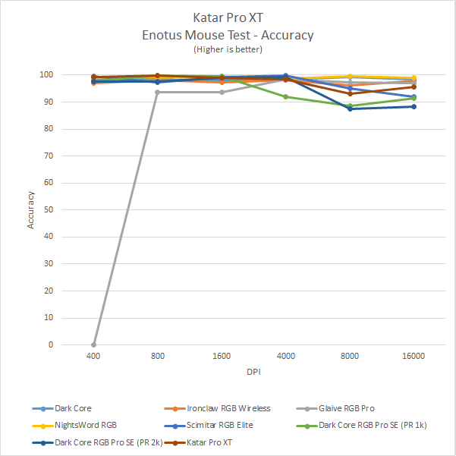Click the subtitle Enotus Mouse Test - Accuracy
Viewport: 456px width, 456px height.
pos(228,34)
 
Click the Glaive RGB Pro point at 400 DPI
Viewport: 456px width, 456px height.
pos(93,344)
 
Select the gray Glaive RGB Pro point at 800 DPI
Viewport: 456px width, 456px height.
pos(157,92)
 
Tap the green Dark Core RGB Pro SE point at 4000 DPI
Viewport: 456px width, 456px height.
pos(285,96)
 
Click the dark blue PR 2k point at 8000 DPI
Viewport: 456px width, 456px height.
pos(350,108)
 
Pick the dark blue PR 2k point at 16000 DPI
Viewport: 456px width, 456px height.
pos(414,106)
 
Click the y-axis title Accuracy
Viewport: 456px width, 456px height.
pos(30,209)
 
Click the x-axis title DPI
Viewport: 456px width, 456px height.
pos(253,372)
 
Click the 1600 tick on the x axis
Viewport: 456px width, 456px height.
pos(222,355)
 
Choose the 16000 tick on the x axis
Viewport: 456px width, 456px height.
pos(414,355)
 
